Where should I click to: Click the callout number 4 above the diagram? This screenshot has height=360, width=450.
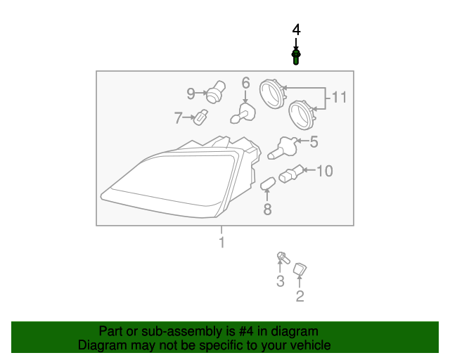[296, 30]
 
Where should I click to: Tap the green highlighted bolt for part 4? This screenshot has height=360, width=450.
[296, 56]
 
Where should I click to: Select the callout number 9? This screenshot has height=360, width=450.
[191, 93]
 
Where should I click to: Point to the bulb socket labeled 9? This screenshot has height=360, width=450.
[215, 93]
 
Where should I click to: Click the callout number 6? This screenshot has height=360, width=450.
[245, 83]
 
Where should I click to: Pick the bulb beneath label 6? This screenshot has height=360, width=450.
[243, 112]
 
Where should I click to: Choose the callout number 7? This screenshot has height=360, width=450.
[178, 118]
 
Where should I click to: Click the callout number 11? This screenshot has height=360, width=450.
[340, 97]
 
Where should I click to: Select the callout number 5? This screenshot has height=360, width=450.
[314, 142]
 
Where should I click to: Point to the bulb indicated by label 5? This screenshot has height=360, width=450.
[283, 148]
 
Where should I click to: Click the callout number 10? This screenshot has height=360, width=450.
[324, 170]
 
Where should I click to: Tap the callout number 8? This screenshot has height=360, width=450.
[267, 209]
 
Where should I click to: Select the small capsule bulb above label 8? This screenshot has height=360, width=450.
[266, 186]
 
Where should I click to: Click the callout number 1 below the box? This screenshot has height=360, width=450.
[221, 243]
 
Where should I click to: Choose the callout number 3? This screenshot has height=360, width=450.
[280, 282]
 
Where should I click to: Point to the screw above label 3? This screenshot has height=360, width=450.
[283, 259]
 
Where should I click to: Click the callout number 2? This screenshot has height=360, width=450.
[300, 296]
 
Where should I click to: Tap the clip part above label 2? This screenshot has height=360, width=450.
[300, 269]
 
